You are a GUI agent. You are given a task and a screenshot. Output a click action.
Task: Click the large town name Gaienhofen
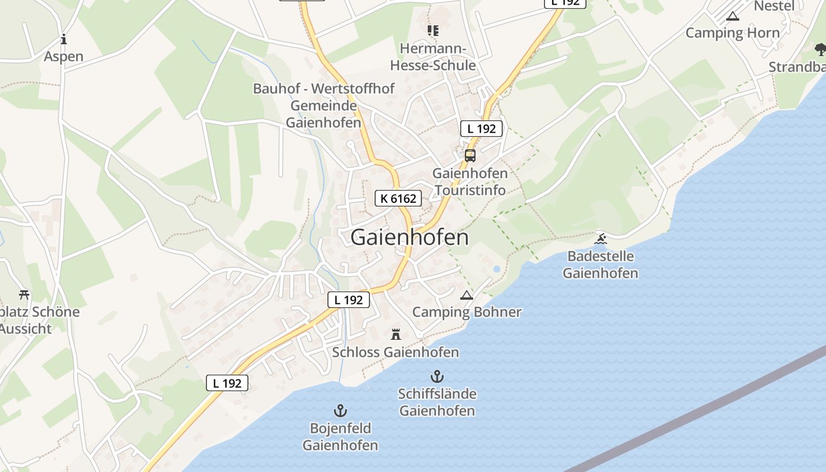point(409,237)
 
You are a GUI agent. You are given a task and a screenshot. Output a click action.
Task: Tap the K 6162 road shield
point(398,199)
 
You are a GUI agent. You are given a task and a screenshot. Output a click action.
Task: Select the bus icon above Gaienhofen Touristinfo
point(470,156)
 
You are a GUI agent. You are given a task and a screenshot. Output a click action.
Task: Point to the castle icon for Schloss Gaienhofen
point(396,334)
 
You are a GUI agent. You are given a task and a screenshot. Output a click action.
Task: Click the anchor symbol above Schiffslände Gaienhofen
point(437,376)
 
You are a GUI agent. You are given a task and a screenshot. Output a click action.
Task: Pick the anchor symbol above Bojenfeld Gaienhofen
point(340,410)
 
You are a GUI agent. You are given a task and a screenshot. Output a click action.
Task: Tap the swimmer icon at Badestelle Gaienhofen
point(601,239)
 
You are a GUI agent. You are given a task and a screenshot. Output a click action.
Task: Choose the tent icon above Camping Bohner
point(467,295)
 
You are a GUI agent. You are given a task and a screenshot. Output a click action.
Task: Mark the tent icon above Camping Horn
point(733,16)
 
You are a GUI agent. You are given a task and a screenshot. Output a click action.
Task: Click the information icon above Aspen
point(64,40)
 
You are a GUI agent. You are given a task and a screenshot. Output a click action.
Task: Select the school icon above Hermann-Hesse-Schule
point(433,30)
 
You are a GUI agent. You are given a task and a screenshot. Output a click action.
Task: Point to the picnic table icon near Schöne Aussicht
point(24,294)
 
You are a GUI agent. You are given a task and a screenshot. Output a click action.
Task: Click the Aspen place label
point(64,57)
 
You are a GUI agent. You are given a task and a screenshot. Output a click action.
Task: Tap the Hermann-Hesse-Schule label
point(433,57)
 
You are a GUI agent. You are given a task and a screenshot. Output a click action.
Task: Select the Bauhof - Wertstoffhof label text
point(324,89)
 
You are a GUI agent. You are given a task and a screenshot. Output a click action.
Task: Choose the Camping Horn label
point(733,33)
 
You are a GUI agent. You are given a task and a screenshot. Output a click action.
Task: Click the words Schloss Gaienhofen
point(395,352)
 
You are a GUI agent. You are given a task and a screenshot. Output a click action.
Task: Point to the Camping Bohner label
point(467,312)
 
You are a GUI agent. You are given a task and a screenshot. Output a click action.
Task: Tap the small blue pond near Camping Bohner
point(496,269)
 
